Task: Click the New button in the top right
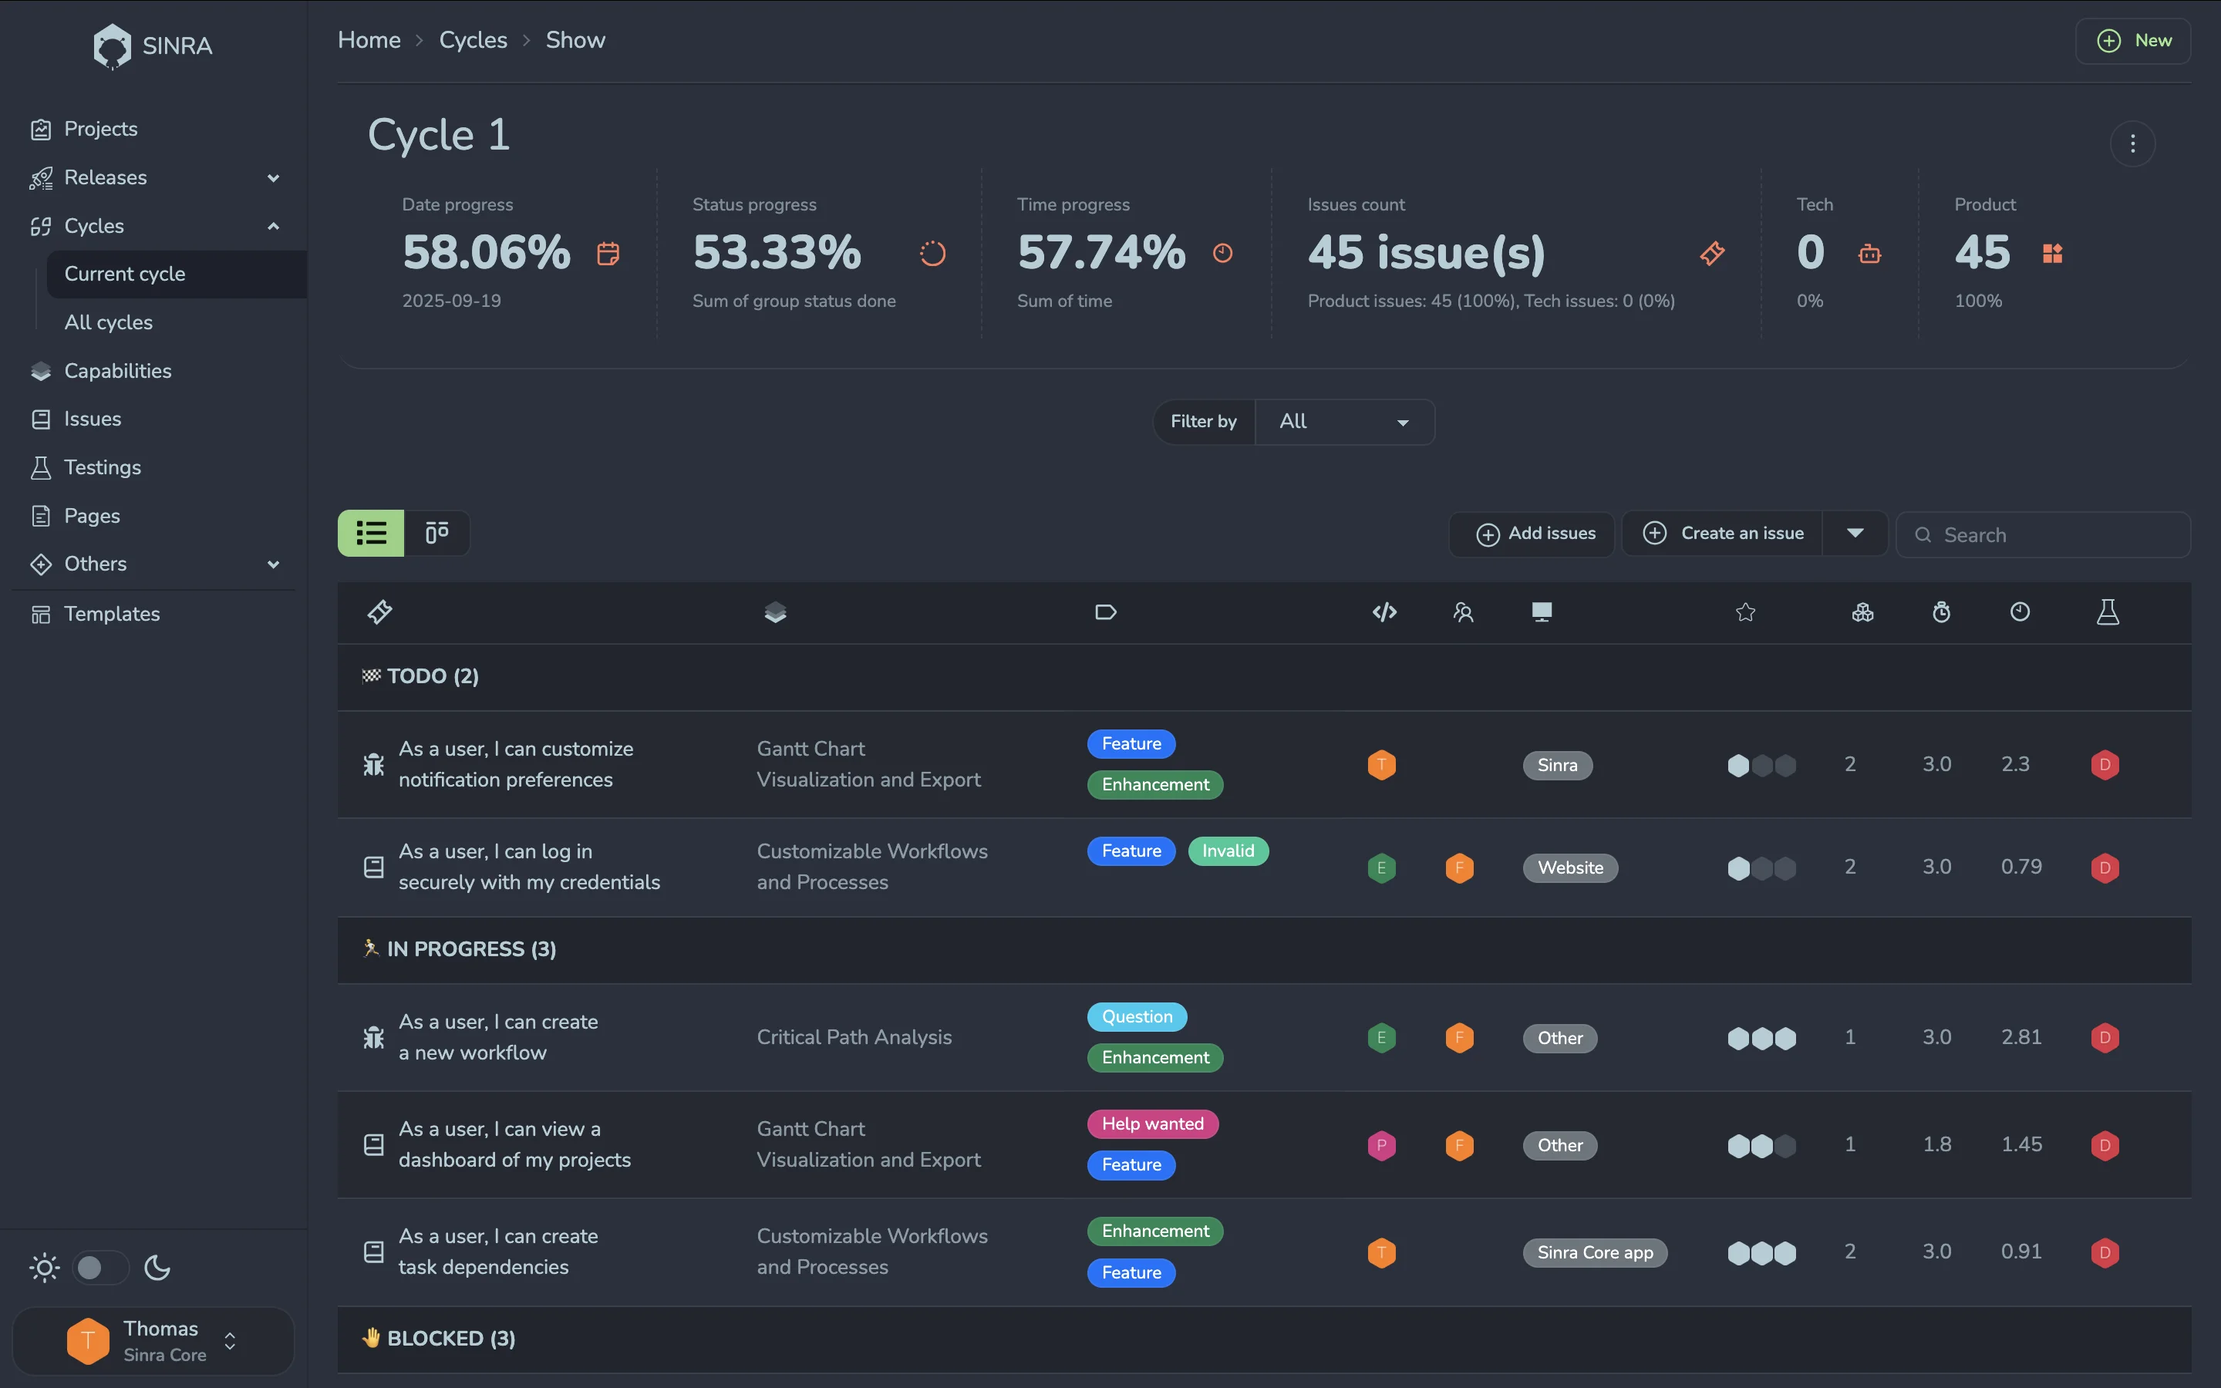point(2133,40)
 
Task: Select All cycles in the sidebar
point(108,322)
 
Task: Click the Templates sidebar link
point(112,613)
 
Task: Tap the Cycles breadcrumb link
point(473,40)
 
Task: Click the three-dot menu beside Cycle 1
point(2132,143)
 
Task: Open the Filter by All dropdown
point(1343,421)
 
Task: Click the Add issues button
point(1535,534)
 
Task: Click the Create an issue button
point(1724,534)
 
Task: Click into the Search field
point(2056,535)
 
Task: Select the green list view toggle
point(371,534)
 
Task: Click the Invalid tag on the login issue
point(1227,851)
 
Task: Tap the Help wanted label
point(1152,1124)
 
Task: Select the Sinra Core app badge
point(1594,1252)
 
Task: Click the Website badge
point(1569,867)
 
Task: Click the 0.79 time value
point(2021,867)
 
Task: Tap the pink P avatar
point(1381,1145)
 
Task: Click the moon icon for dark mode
point(158,1268)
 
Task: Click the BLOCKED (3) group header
point(450,1339)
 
